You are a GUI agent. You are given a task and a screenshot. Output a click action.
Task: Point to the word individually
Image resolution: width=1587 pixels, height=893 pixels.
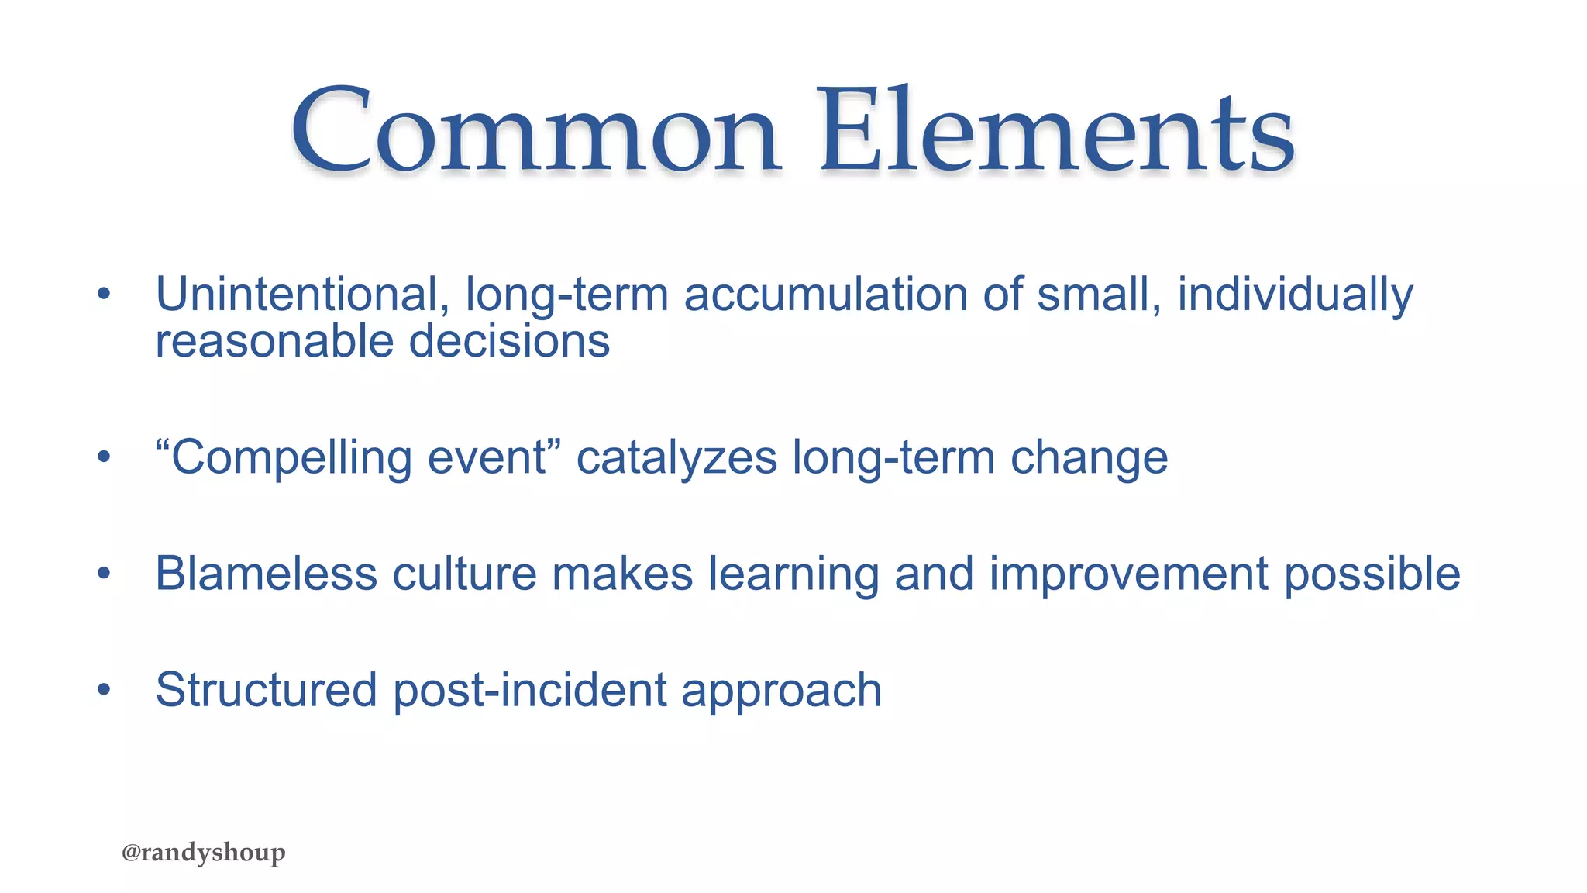click(x=1295, y=295)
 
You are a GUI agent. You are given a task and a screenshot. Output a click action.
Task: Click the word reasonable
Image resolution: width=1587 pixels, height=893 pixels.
click(x=274, y=342)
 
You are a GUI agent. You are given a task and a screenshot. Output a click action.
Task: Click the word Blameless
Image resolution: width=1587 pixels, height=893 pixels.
click(x=266, y=574)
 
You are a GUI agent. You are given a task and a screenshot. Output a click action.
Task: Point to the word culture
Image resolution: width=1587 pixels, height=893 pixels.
click(x=464, y=574)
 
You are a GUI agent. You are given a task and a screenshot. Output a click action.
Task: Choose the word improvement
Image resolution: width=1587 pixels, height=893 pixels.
click(x=1129, y=574)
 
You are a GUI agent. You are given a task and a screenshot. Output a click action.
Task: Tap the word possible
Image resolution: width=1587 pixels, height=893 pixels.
click(x=1372, y=574)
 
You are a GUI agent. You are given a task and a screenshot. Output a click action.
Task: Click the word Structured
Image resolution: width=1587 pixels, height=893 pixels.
click(x=266, y=691)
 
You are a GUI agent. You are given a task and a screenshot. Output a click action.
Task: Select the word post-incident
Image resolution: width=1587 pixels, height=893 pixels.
click(x=530, y=691)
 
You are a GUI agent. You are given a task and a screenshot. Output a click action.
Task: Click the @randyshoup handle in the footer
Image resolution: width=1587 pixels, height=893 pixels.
click(x=204, y=853)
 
